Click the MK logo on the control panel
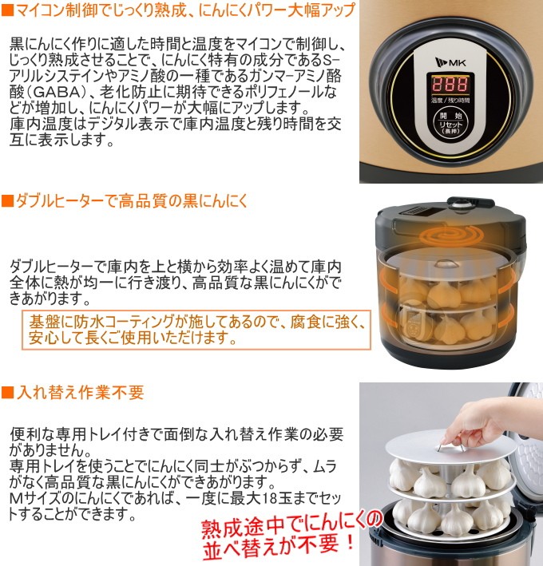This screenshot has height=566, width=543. pyautogui.click(x=450, y=62)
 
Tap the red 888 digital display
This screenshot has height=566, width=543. pyautogui.click(x=450, y=85)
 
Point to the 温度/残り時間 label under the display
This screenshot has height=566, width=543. pyautogui.click(x=450, y=101)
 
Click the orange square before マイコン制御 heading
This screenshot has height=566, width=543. pyautogui.click(x=7, y=10)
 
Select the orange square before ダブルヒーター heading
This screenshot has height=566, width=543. pyautogui.click(x=7, y=200)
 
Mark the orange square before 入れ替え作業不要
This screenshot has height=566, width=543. pyautogui.click(x=7, y=393)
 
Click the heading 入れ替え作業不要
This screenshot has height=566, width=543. pyautogui.click(x=80, y=393)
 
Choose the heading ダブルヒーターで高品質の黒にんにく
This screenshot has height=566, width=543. pyautogui.click(x=132, y=200)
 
